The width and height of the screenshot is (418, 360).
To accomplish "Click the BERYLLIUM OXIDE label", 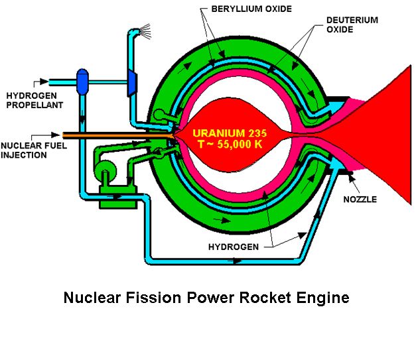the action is click(x=251, y=9).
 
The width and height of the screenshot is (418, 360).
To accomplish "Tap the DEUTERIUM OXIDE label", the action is click(x=352, y=25).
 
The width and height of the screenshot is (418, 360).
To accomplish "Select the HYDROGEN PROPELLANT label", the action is click(x=35, y=100).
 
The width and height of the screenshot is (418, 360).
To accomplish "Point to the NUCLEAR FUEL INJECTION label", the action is click(x=34, y=150).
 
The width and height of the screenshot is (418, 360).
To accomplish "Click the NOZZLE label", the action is click(x=360, y=200).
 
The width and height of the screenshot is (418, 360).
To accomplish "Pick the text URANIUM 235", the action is click(x=230, y=133).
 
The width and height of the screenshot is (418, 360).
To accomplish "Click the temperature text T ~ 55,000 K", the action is click(x=230, y=144).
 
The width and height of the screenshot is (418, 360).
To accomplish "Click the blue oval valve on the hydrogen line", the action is click(x=82, y=82).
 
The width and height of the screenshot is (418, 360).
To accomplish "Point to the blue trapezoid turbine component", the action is click(x=133, y=83).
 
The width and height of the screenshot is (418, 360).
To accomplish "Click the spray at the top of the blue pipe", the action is click(x=145, y=31).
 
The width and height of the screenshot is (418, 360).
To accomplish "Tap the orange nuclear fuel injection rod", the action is click(x=117, y=135).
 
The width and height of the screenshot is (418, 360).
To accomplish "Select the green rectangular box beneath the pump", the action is click(x=118, y=197).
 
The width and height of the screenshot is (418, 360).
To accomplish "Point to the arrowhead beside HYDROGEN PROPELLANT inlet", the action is click(x=44, y=82).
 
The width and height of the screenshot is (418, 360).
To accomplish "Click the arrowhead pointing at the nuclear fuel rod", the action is click(x=56, y=135).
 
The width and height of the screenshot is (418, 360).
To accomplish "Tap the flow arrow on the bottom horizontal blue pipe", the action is click(x=238, y=261).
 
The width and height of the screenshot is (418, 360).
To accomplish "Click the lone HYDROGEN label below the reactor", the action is click(x=234, y=247).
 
